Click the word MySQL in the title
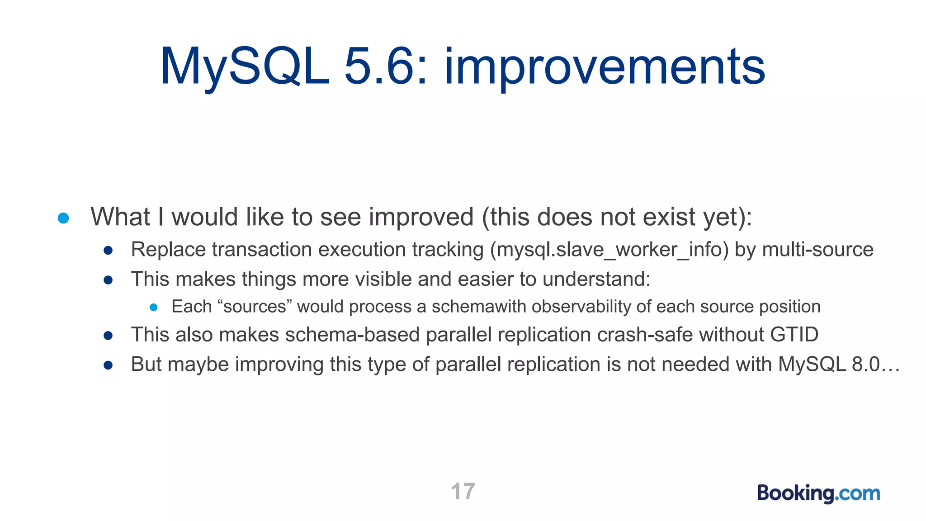245,67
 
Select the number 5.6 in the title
384,67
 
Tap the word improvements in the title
605,68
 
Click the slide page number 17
463,491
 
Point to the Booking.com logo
818,493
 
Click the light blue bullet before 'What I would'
63,218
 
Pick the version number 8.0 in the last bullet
865,365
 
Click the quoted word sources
255,307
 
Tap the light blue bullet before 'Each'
154,308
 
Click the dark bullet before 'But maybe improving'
108,365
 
